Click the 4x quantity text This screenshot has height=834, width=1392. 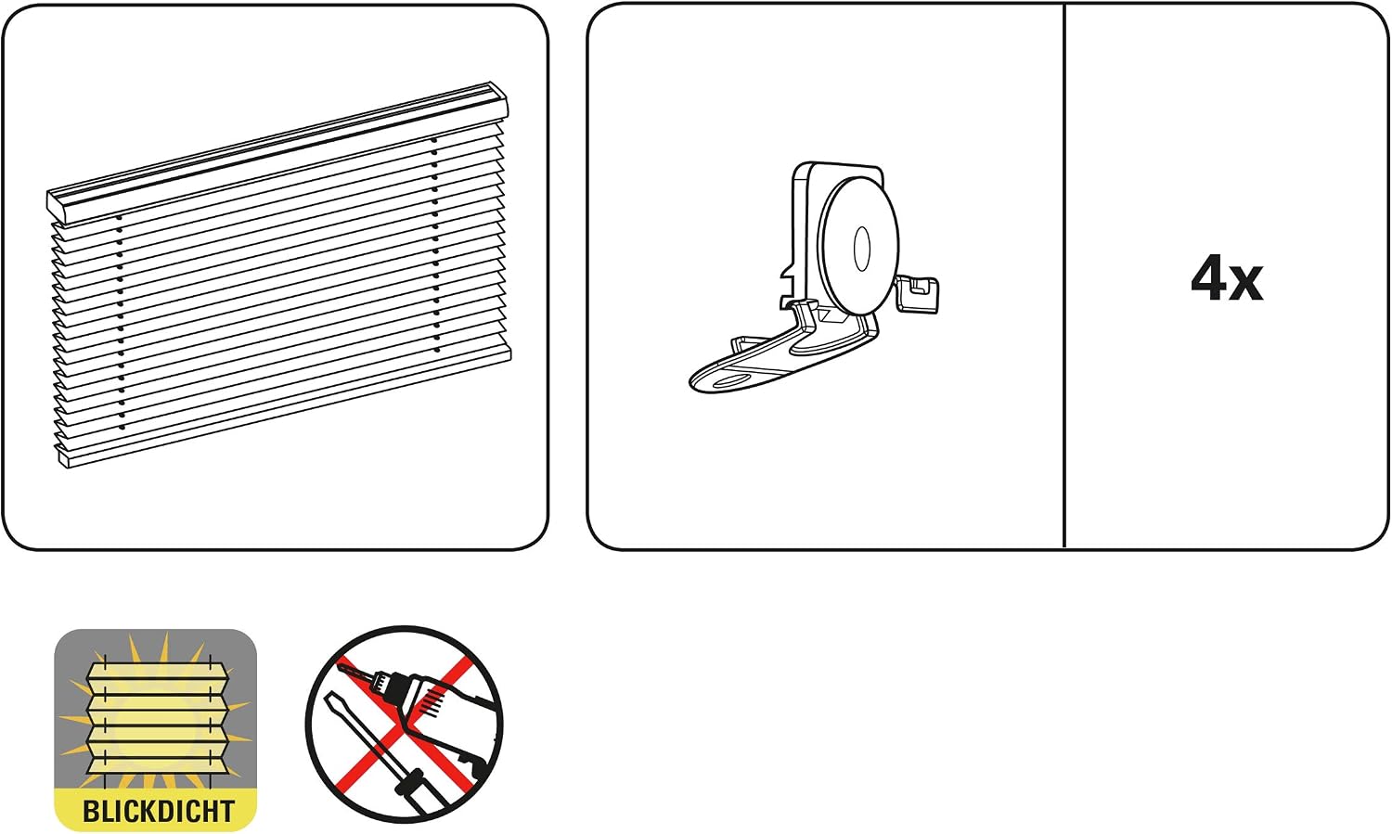point(1227,281)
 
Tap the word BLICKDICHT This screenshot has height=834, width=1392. point(158,811)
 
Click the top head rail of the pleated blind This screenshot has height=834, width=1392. point(277,153)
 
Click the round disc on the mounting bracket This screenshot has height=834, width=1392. point(858,247)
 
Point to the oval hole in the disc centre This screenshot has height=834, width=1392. point(862,249)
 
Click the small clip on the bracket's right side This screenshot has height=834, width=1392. point(918,294)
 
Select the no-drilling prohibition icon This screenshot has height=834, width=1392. point(405,725)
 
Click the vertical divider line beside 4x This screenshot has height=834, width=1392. point(1064,276)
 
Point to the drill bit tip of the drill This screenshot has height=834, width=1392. point(340,666)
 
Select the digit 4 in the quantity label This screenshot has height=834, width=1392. point(1208,280)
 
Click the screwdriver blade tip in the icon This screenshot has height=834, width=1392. point(329,696)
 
